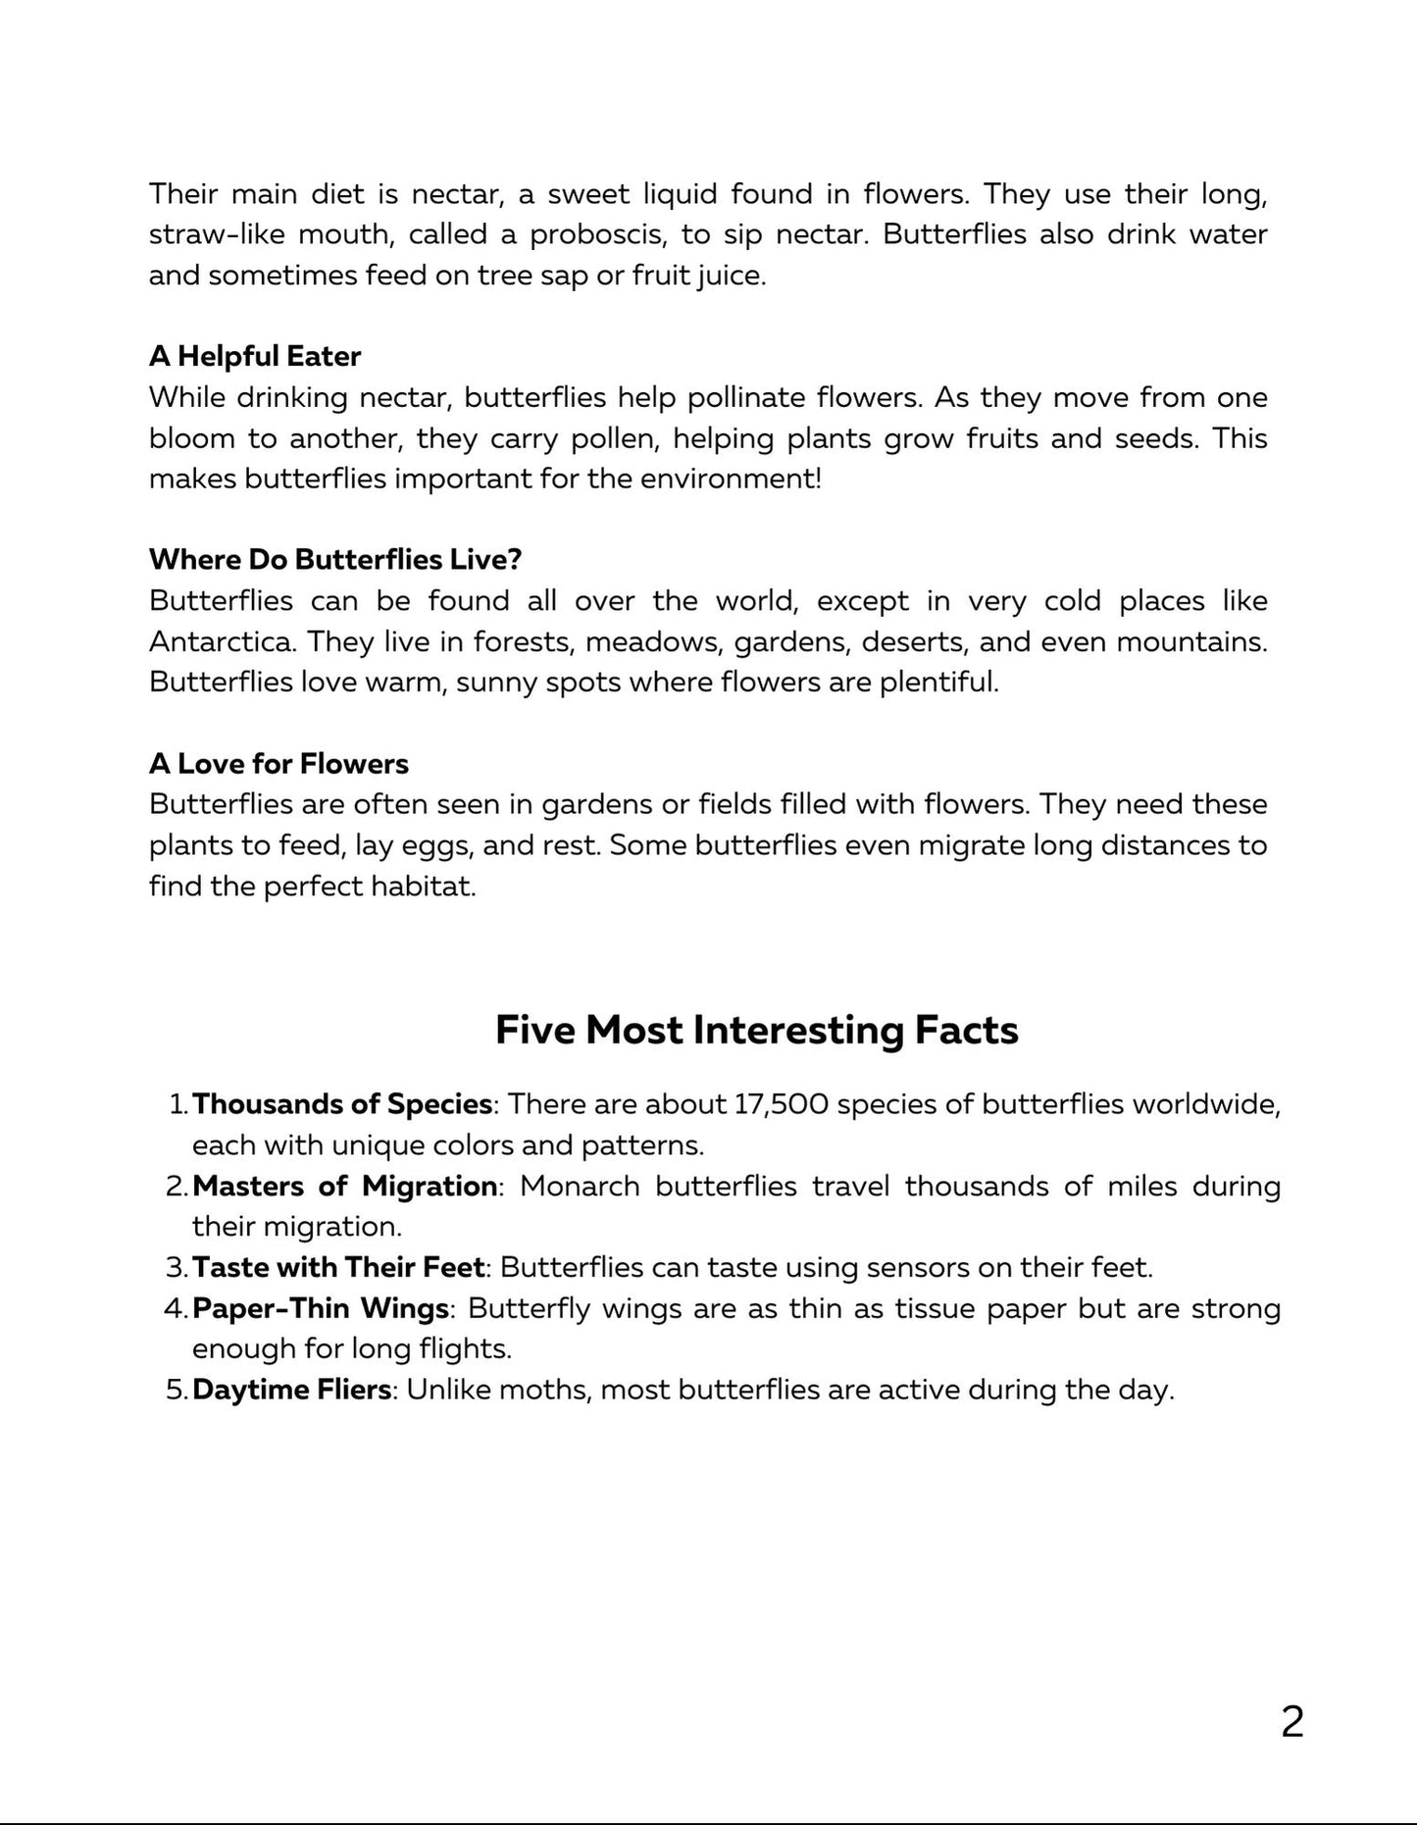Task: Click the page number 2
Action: pyautogui.click(x=1291, y=1722)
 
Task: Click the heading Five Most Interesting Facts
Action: pyautogui.click(x=756, y=1030)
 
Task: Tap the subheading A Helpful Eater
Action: pyautogui.click(x=255, y=356)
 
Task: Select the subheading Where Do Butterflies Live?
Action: pyautogui.click(x=335, y=560)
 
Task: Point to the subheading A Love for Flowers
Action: pyautogui.click(x=278, y=764)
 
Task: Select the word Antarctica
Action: pyautogui.click(x=222, y=641)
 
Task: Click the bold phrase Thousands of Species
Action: pyautogui.click(x=342, y=1104)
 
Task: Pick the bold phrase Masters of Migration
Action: pyautogui.click(x=344, y=1187)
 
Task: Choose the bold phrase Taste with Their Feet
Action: pyautogui.click(x=338, y=1268)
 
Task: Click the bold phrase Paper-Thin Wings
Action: pyautogui.click(x=321, y=1309)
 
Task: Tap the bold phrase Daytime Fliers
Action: pyautogui.click(x=291, y=1391)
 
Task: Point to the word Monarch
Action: pyautogui.click(x=580, y=1187)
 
